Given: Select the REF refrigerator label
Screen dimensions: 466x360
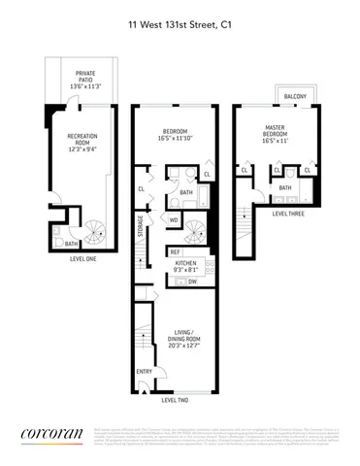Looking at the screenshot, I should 176,251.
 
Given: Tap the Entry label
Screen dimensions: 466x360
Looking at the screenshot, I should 145,371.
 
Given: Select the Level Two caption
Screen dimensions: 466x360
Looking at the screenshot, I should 175,401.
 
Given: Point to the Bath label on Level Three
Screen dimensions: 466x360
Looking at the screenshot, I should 285,187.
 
